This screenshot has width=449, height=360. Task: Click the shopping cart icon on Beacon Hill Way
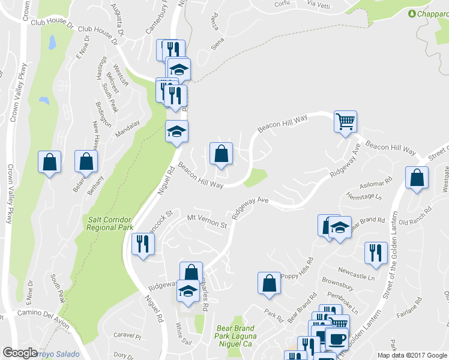(346, 122)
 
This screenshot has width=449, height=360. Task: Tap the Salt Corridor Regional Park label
(110, 223)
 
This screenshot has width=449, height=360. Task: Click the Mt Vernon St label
(207, 222)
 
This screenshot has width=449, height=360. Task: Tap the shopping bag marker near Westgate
(417, 178)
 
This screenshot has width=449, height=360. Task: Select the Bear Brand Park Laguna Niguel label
(235, 333)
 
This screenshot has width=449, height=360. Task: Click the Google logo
(20, 353)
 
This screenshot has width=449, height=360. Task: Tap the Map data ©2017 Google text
(412, 355)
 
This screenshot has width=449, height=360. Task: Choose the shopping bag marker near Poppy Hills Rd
(269, 284)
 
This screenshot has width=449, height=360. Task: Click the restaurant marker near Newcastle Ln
(376, 253)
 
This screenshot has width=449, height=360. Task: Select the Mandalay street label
(127, 128)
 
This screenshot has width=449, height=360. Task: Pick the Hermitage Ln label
(366, 197)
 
